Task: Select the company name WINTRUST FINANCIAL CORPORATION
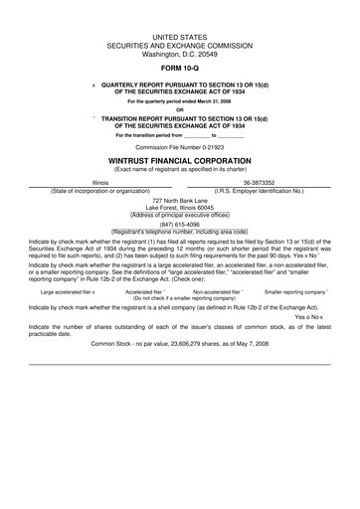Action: coord(179,159)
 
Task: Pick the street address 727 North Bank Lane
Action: coord(179,200)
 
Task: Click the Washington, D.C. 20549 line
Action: coord(179,51)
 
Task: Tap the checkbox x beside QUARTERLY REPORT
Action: coord(93,85)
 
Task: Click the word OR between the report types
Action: coord(179,109)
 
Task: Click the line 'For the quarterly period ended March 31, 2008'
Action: coord(179,101)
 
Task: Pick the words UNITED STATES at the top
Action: coord(179,35)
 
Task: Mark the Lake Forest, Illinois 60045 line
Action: coord(179,208)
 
